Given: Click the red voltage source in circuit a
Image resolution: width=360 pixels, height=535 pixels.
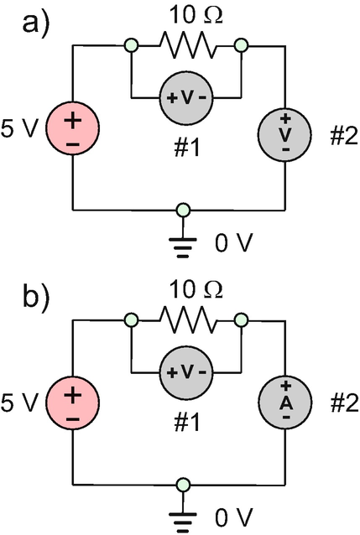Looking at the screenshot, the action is pyautogui.click(x=72, y=128).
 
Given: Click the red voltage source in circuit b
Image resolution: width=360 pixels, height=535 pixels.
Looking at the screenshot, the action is pyautogui.click(x=72, y=403).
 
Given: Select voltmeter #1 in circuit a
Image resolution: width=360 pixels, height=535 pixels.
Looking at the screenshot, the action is pyautogui.click(x=186, y=98).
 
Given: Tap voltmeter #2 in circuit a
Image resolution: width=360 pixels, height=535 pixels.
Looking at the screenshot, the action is pyautogui.click(x=284, y=134).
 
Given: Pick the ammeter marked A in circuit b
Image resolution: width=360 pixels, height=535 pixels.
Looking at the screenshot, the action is pyautogui.click(x=284, y=403).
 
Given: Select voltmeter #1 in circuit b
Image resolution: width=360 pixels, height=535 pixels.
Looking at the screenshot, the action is pyautogui.click(x=186, y=372).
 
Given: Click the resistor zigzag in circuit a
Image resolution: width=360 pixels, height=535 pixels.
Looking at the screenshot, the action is pyautogui.click(x=188, y=44).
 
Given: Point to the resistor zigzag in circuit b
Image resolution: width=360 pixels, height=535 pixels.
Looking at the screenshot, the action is pyautogui.click(x=188, y=319).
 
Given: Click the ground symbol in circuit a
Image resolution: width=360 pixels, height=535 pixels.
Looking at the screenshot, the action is pyautogui.click(x=183, y=245).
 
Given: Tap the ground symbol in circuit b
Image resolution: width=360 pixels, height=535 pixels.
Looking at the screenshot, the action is pyautogui.click(x=183, y=518).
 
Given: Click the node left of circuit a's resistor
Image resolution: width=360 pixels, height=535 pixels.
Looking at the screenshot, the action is pyautogui.click(x=131, y=45).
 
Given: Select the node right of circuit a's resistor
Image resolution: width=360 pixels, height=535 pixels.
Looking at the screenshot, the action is pyautogui.click(x=242, y=45).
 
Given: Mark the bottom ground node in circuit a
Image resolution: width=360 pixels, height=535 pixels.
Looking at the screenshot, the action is pyautogui.click(x=183, y=210).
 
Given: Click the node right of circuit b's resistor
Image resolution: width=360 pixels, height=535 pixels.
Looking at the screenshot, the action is pyautogui.click(x=242, y=320).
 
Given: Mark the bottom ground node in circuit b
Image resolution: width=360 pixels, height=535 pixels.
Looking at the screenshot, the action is pyautogui.click(x=183, y=485).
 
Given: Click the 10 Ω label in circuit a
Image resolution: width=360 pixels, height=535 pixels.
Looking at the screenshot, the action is pyautogui.click(x=196, y=15).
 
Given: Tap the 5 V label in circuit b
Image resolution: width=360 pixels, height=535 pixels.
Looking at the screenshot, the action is pyautogui.click(x=18, y=403).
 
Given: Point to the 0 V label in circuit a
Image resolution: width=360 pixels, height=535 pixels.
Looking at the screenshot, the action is pyautogui.click(x=234, y=242).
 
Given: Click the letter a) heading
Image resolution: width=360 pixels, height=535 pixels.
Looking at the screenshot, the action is pyautogui.click(x=36, y=23).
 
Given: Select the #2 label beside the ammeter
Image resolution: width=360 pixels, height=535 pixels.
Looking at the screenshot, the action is pyautogui.click(x=344, y=403).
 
